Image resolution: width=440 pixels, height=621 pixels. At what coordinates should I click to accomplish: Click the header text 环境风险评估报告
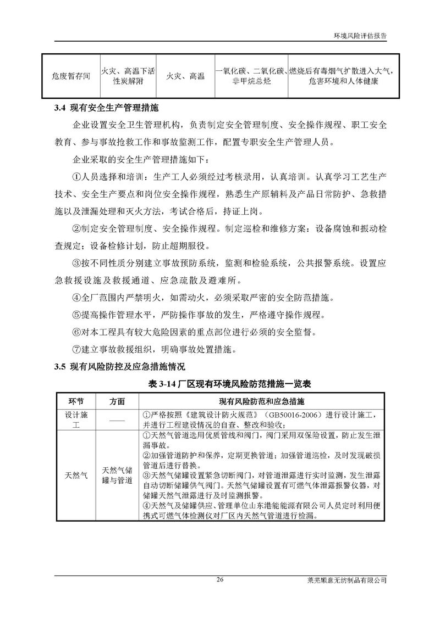coord(360,34)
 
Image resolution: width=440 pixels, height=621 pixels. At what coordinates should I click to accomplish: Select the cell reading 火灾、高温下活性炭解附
coord(128,76)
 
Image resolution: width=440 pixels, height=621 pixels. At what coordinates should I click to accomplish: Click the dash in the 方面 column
coord(117,420)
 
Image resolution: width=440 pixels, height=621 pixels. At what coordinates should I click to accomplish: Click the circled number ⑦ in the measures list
coord(76,349)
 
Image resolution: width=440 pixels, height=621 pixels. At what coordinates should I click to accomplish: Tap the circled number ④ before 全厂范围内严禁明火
coord(76,298)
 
